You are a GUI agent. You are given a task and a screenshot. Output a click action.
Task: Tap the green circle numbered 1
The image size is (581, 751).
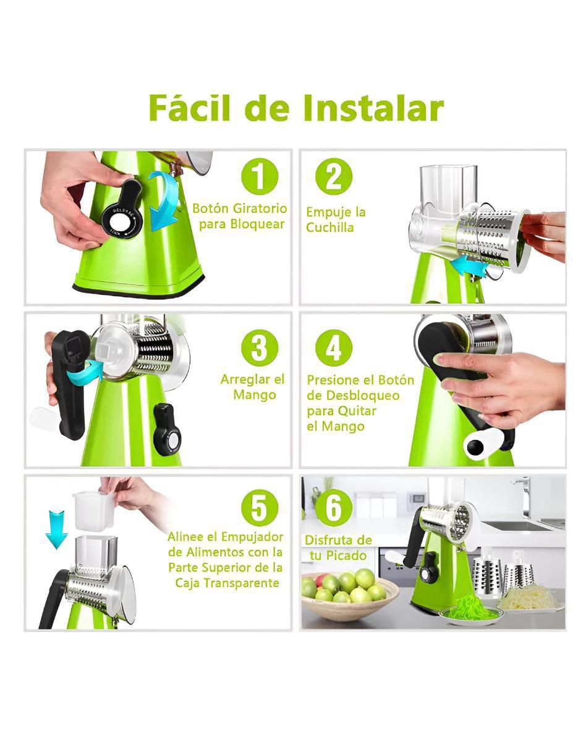click(x=260, y=177)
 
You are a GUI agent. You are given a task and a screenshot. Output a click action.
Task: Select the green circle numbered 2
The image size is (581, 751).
click(x=334, y=177)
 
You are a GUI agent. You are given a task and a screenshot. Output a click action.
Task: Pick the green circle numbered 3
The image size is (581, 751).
click(x=260, y=349)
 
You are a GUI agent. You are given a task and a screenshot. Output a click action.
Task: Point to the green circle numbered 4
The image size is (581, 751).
click(x=334, y=349)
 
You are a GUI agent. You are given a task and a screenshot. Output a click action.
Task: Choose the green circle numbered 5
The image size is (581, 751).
click(x=260, y=508)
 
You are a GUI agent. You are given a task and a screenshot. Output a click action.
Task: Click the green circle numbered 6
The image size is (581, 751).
click(x=334, y=508)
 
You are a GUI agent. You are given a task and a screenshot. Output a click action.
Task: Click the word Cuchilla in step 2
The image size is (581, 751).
click(x=330, y=227)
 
